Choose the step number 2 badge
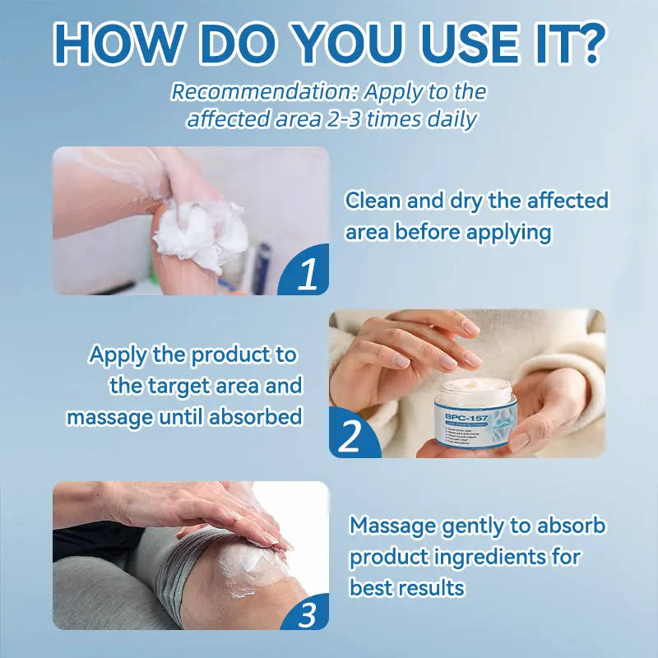tap(350, 437)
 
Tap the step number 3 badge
tap(305, 613)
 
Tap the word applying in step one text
tap(508, 233)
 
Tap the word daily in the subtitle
tap(454, 118)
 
